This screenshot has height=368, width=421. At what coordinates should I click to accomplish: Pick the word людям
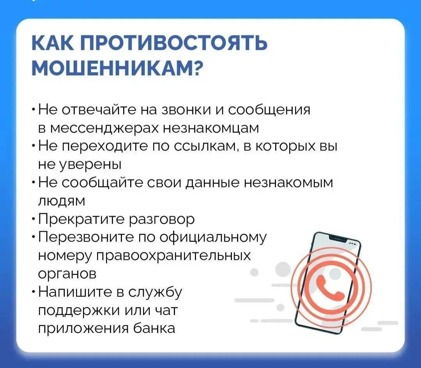[x=61, y=201]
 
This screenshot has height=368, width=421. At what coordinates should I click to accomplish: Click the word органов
[x=67, y=274]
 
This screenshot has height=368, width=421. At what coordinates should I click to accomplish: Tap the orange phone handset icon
[x=330, y=287]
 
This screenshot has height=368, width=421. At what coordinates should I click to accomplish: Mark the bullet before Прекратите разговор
[x=33, y=220]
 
